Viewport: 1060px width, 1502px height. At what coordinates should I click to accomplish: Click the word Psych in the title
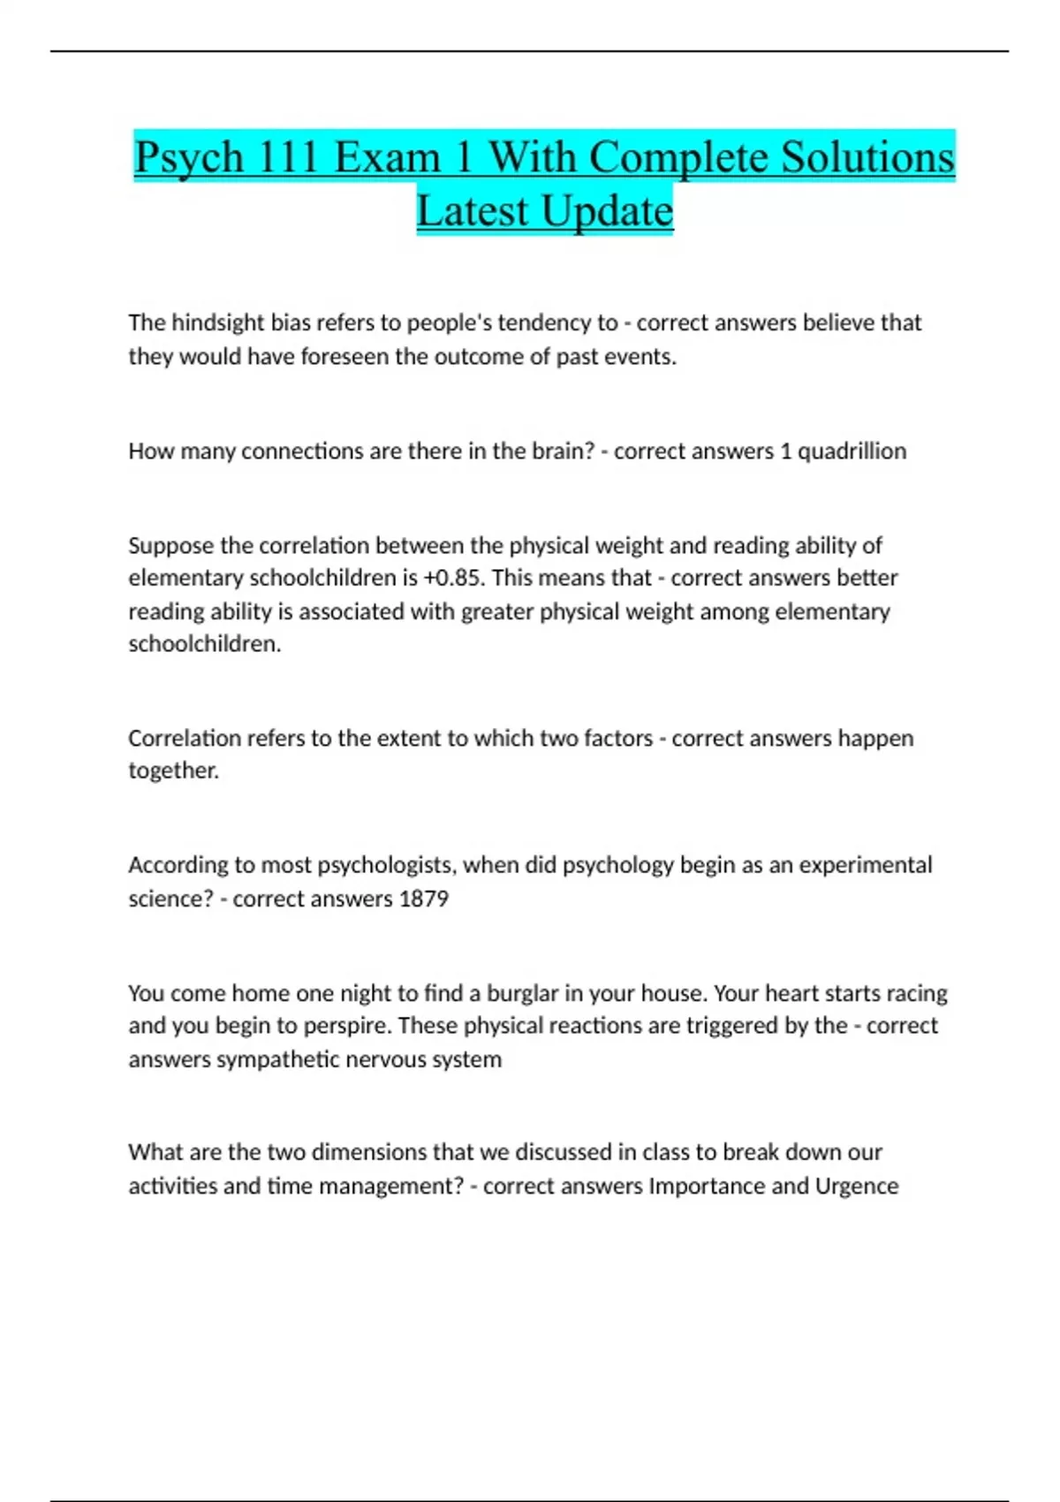(x=188, y=159)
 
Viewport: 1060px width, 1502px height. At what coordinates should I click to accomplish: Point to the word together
(x=173, y=771)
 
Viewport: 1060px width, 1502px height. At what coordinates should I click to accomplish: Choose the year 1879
(x=424, y=899)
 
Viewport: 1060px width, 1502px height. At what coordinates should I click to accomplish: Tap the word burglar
(x=522, y=994)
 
